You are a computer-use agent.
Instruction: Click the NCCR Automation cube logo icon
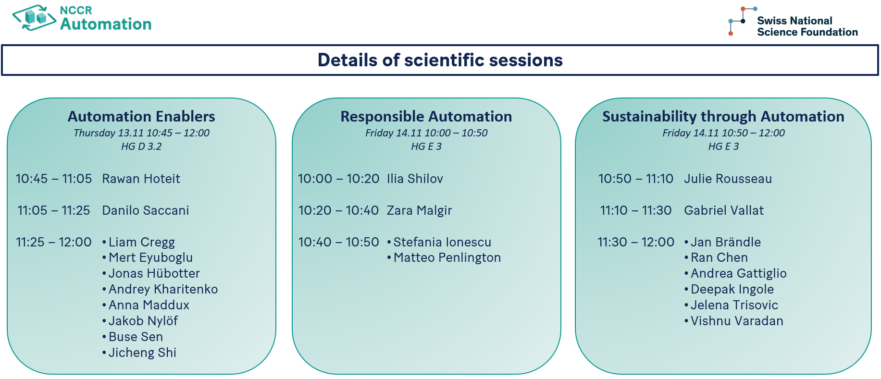[x=34, y=18]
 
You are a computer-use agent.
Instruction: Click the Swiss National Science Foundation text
[x=807, y=26]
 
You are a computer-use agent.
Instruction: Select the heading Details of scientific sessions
[x=440, y=60]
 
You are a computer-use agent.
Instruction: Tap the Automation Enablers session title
[x=141, y=116]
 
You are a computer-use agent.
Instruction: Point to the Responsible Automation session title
[x=426, y=116]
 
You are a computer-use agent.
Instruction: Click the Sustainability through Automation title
[x=723, y=116]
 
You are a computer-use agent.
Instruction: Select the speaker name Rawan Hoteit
[x=141, y=179]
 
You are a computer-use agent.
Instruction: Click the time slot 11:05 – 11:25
[x=54, y=210]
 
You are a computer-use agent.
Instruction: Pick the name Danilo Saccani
[x=146, y=210]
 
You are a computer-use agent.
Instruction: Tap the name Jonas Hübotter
[x=154, y=273]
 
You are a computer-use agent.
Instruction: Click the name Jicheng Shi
[x=142, y=353]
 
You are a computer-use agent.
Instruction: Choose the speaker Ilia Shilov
[x=415, y=179]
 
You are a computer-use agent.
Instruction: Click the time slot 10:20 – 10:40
[x=338, y=210]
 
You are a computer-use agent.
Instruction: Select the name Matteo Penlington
[x=447, y=257]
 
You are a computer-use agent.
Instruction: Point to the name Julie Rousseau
[x=728, y=179]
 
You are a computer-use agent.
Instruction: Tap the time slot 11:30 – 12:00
[x=636, y=242]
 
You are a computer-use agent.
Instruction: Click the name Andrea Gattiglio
[x=739, y=273]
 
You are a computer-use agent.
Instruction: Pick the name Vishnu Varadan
[x=737, y=321]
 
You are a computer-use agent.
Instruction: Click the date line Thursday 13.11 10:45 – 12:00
[x=141, y=133]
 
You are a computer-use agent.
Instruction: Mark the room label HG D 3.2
[x=141, y=147]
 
